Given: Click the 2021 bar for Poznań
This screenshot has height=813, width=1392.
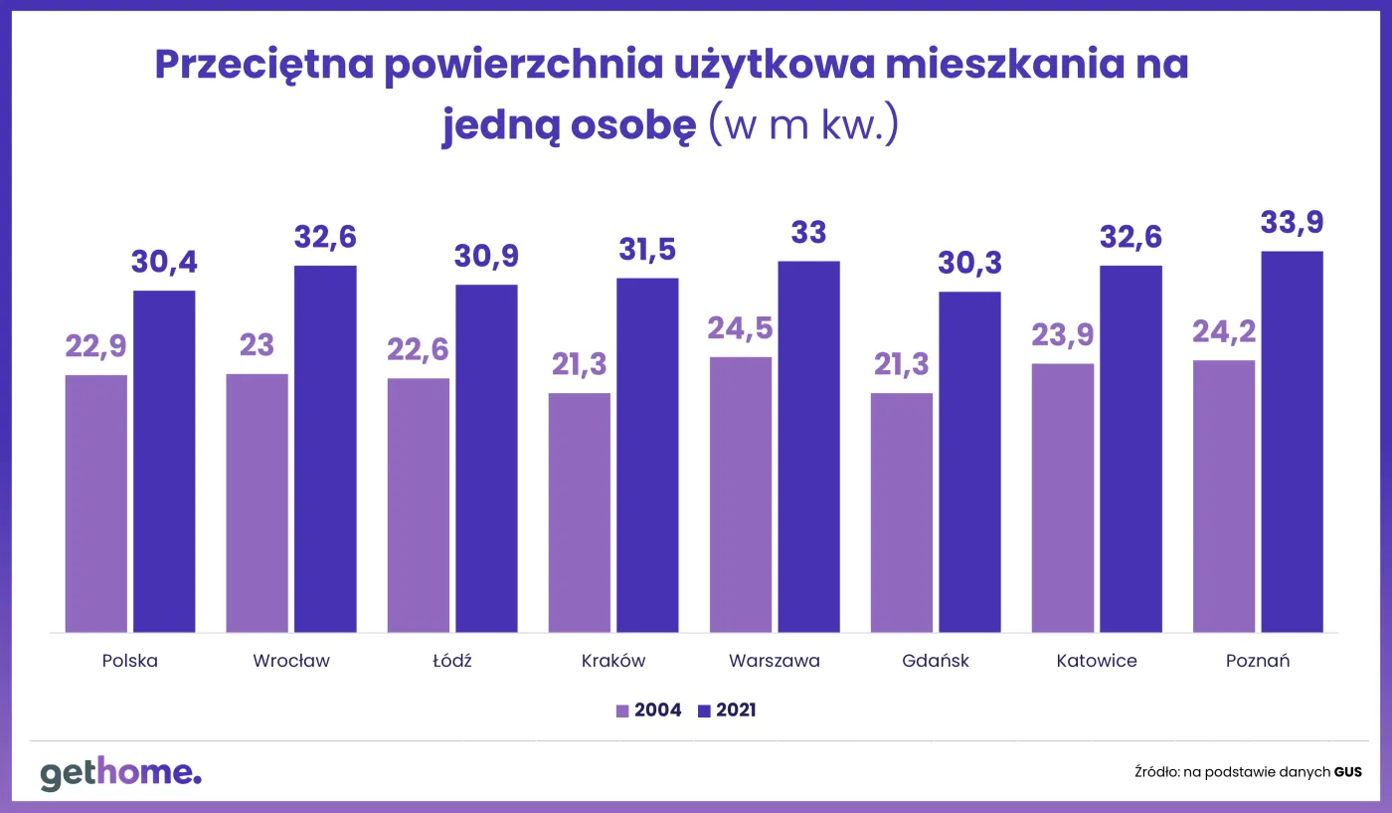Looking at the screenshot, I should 1292,442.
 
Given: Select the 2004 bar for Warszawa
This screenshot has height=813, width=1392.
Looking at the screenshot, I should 740,495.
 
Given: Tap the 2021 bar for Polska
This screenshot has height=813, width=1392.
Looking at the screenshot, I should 164,462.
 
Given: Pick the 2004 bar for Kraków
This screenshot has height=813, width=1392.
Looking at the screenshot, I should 579,512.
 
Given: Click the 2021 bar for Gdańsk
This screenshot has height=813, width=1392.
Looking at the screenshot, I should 969,462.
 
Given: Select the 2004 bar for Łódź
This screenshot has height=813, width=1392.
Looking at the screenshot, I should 418,506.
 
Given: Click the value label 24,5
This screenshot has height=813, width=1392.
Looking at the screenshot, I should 740,328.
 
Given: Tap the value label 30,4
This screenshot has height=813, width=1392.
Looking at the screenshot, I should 164,263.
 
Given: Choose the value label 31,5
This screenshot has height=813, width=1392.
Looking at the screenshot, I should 647,250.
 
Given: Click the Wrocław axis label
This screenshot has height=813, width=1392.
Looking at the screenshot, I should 290,661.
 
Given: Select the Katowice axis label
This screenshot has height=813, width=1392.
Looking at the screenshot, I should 1097,661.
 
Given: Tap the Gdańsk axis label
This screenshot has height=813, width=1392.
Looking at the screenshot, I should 936,661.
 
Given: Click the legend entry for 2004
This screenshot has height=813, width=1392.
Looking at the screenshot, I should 648,711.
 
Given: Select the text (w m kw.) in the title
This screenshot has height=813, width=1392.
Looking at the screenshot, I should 803,126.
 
